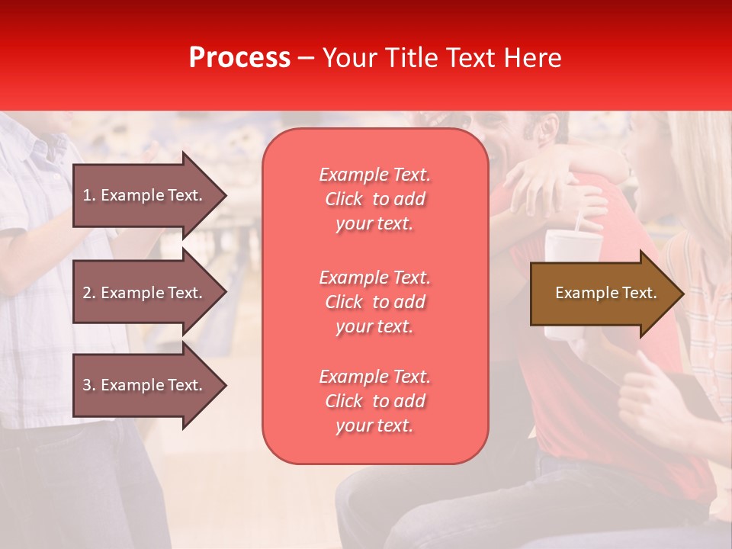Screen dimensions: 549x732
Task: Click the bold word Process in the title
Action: tap(239, 58)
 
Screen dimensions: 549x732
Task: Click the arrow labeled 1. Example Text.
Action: tap(149, 195)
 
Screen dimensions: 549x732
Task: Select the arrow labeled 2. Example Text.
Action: tap(149, 293)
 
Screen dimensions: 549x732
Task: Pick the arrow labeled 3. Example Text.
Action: tap(149, 385)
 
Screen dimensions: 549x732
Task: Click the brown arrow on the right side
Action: tap(606, 294)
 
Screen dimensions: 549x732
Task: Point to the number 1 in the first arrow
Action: tap(87, 195)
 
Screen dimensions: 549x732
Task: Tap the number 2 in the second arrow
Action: tap(87, 293)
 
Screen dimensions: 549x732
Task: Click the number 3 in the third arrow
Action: tap(87, 385)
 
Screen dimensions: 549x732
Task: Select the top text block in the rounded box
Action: tap(374, 199)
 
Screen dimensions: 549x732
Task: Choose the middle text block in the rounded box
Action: tap(374, 302)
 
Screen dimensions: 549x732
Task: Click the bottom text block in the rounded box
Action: tap(374, 401)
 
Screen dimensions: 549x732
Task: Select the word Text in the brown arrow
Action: tap(639, 293)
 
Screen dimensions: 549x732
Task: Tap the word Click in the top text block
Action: tap(344, 199)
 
